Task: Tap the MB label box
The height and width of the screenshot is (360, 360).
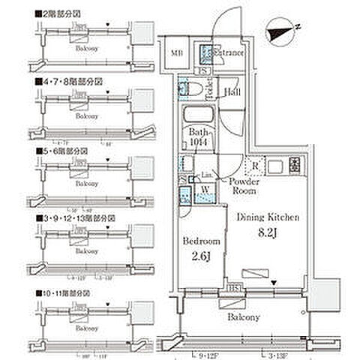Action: click(x=177, y=52)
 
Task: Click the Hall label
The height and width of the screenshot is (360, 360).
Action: click(x=232, y=93)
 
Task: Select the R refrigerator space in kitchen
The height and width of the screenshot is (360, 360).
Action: click(x=256, y=165)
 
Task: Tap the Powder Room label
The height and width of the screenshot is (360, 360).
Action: click(x=244, y=186)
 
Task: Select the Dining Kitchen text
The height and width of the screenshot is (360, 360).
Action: click(x=268, y=217)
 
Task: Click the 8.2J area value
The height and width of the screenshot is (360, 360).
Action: click(x=268, y=233)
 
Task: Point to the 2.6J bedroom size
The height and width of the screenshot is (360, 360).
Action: click(x=200, y=258)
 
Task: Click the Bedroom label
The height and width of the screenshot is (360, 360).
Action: click(x=200, y=242)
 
